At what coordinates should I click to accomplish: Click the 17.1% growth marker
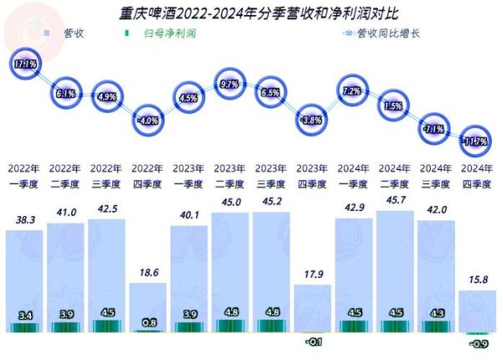24,63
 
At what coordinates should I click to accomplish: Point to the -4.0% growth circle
148,120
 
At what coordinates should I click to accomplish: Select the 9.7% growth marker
230,85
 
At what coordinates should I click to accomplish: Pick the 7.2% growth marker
352,90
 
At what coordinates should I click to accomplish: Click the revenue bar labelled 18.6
148,301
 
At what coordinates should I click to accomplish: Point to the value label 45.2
271,202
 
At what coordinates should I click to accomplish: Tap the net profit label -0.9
478,343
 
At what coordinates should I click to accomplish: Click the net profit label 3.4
25,316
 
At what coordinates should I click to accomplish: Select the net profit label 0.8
148,321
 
